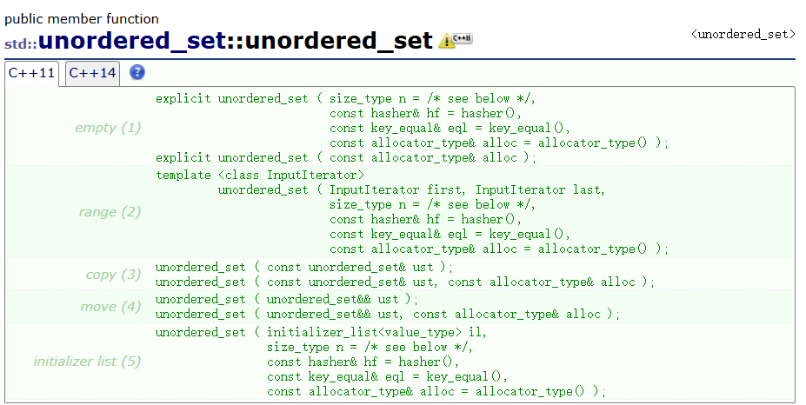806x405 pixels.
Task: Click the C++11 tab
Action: click(x=31, y=73)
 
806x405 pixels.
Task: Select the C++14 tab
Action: click(x=92, y=73)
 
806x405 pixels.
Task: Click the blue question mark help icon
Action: click(x=137, y=72)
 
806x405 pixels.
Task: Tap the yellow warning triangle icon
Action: click(x=446, y=40)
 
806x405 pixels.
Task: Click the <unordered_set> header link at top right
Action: click(x=743, y=34)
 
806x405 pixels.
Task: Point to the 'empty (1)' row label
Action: click(x=107, y=128)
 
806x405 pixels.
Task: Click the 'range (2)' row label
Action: click(x=108, y=212)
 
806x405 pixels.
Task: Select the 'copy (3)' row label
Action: click(x=113, y=275)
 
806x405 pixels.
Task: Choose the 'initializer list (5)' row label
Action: click(x=87, y=361)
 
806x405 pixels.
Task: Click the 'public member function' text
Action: click(x=82, y=18)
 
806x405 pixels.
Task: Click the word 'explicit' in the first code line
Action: click(x=183, y=98)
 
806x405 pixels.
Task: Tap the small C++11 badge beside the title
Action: click(x=463, y=39)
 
